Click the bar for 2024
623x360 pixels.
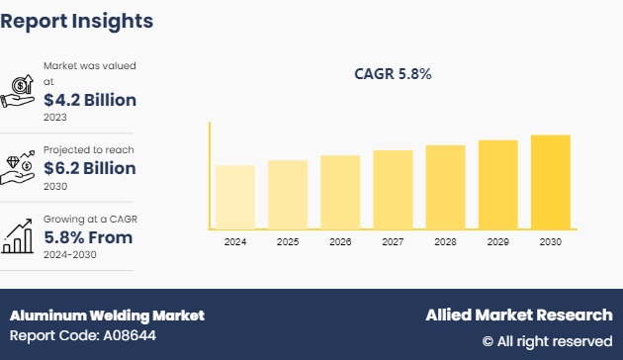point(234,197)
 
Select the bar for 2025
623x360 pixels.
point(287,194)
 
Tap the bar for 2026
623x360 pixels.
point(340,192)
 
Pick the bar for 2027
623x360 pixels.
point(393,189)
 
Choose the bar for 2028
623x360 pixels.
point(445,187)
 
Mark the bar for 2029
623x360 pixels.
point(497,184)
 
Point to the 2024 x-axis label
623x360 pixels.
point(234,241)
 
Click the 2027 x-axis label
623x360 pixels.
point(393,241)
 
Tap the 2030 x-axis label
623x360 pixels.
point(551,241)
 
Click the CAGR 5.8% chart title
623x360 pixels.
point(393,74)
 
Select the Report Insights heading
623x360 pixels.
point(77,20)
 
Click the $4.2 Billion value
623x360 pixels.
point(90,100)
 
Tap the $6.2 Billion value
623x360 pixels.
point(90,168)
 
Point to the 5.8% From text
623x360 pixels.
point(88,237)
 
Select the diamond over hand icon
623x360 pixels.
point(19,162)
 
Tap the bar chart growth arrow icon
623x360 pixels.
point(19,233)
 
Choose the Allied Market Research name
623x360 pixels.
point(518,315)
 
